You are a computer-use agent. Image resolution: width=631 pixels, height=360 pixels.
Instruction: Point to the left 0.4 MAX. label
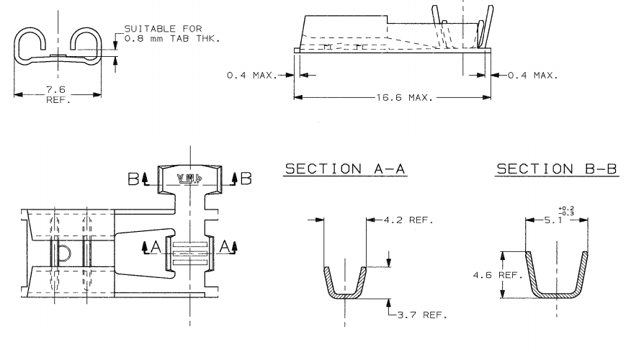(252, 75)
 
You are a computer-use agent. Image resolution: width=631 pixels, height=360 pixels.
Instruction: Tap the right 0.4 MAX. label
(533, 75)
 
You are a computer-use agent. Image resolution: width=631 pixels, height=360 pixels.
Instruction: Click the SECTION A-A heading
(345, 169)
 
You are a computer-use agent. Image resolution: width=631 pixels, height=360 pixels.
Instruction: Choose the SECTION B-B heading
(557, 169)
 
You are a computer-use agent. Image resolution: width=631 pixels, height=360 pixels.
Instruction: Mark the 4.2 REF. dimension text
(408, 220)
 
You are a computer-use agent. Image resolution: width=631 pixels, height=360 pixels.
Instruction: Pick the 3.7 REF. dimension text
(422, 315)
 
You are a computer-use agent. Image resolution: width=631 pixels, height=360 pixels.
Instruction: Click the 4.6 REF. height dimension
(498, 275)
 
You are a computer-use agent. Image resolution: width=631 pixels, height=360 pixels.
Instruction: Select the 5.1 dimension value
(553, 220)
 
